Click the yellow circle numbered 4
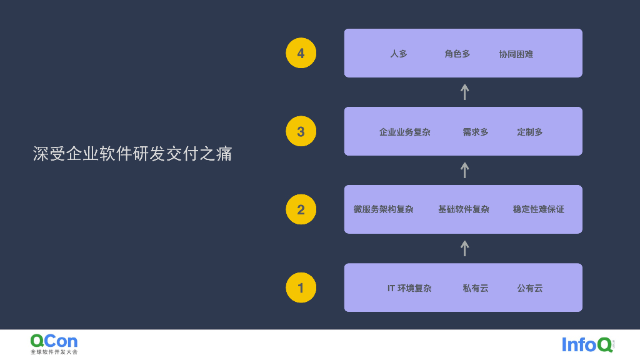click(301, 53)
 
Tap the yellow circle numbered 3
click(301, 131)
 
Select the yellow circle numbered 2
click(301, 209)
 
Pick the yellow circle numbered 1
click(301, 287)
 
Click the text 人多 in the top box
click(399, 54)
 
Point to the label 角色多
click(457, 54)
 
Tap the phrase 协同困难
click(516, 54)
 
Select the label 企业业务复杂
click(405, 132)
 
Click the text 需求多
click(476, 132)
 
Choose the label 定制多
click(530, 132)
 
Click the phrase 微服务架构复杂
click(384, 209)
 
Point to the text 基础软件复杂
click(464, 209)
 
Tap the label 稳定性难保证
click(539, 209)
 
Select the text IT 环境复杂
click(409, 288)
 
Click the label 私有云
click(476, 288)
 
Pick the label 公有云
click(530, 288)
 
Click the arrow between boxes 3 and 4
click(464, 92)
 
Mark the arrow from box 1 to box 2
click(464, 248)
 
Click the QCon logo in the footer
click(54, 343)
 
